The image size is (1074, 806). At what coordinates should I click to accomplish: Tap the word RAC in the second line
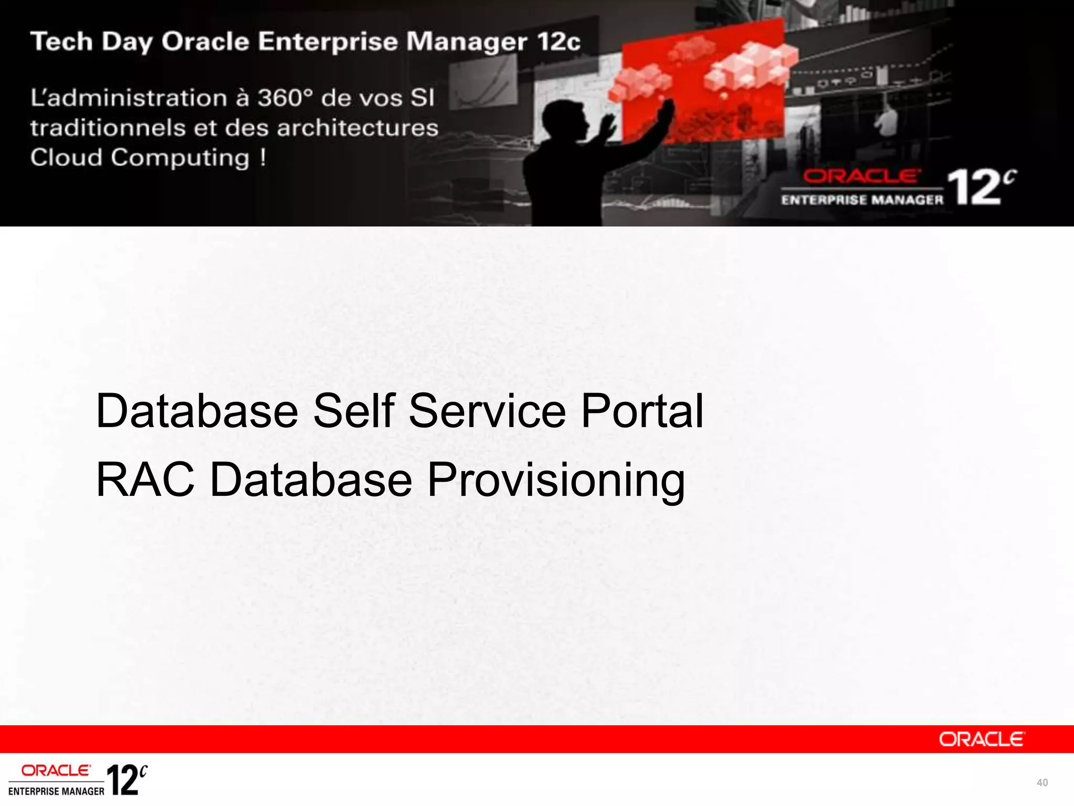tap(145, 480)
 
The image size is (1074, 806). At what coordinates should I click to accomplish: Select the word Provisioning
tap(556, 481)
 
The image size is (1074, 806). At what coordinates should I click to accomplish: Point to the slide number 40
tap(1041, 783)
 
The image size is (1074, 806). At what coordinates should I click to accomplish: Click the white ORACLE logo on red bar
tap(981, 739)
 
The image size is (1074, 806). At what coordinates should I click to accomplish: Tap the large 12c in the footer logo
tap(126, 780)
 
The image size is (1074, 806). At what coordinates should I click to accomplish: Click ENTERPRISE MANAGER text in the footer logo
tap(56, 791)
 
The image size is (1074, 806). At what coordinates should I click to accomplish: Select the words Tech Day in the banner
tap(91, 42)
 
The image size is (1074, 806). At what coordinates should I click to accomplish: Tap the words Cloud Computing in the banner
tap(139, 157)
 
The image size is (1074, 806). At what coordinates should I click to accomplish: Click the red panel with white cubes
tap(703, 79)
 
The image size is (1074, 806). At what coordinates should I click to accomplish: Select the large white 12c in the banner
tap(980, 187)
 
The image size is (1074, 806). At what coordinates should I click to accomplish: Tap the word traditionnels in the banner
tap(108, 128)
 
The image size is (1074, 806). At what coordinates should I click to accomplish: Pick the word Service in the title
tap(487, 411)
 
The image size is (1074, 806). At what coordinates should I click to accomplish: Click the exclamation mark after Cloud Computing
tap(263, 157)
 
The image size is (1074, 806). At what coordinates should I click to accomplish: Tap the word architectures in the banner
tap(358, 128)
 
